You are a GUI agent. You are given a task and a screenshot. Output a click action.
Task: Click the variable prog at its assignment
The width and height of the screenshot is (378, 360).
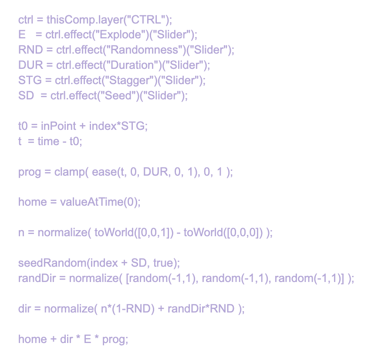28,172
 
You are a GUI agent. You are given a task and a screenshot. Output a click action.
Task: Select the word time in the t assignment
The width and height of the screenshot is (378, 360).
48,141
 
